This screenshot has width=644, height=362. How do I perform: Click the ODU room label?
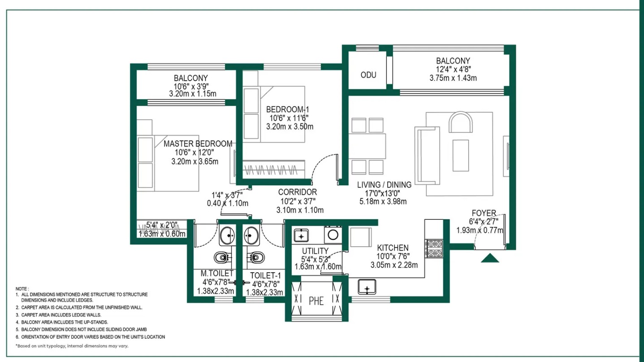(368, 75)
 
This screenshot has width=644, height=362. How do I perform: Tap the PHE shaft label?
(316, 301)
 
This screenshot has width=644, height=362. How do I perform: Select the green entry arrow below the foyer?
(490, 258)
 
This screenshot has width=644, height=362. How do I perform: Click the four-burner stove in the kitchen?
(434, 249)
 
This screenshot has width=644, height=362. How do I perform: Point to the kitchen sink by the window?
(367, 287)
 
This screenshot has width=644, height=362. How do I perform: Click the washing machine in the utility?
(333, 235)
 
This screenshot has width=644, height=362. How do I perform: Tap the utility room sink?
(301, 236)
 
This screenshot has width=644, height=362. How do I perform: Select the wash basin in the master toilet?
(227, 236)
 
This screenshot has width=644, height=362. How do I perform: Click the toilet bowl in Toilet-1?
(255, 257)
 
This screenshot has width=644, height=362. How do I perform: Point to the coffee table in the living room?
(461, 155)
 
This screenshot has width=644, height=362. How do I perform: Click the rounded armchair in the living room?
(461, 122)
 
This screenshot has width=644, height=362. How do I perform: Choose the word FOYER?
(484, 213)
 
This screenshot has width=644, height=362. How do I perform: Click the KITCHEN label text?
(393, 248)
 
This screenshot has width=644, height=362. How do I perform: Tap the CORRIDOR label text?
(297, 192)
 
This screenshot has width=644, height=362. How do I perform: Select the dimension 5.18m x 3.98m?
(383, 201)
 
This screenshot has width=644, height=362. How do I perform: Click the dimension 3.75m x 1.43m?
(453, 78)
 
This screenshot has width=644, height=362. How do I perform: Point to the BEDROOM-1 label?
(288, 109)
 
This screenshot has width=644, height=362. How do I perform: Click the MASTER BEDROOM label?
(198, 144)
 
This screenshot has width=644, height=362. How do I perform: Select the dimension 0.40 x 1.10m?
(227, 204)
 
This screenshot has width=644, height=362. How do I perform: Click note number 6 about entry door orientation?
(90, 337)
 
